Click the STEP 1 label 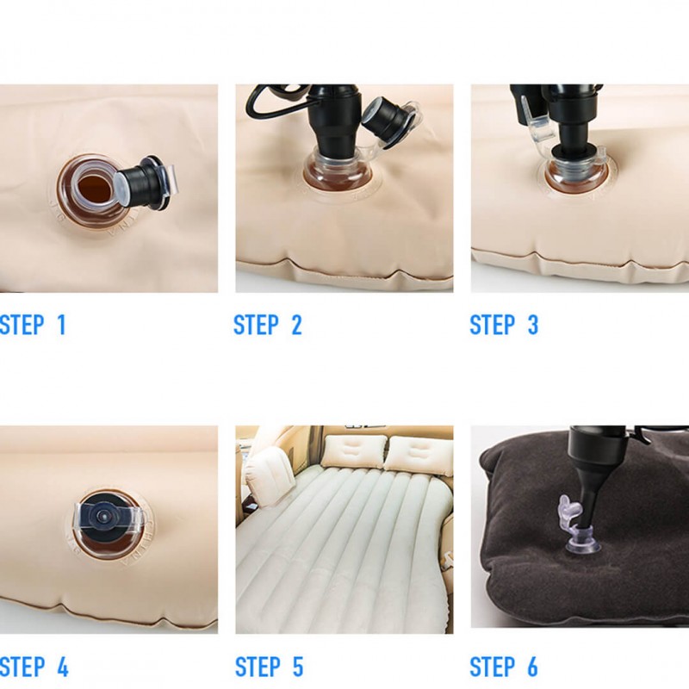tap(32, 326)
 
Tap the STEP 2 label tap(268, 326)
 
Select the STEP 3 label tap(504, 326)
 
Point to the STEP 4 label tap(33, 667)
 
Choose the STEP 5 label tap(269, 667)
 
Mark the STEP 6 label tap(504, 667)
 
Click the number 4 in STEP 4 tap(61, 667)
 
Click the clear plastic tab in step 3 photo tap(536, 125)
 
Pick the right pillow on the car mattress tap(417, 454)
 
